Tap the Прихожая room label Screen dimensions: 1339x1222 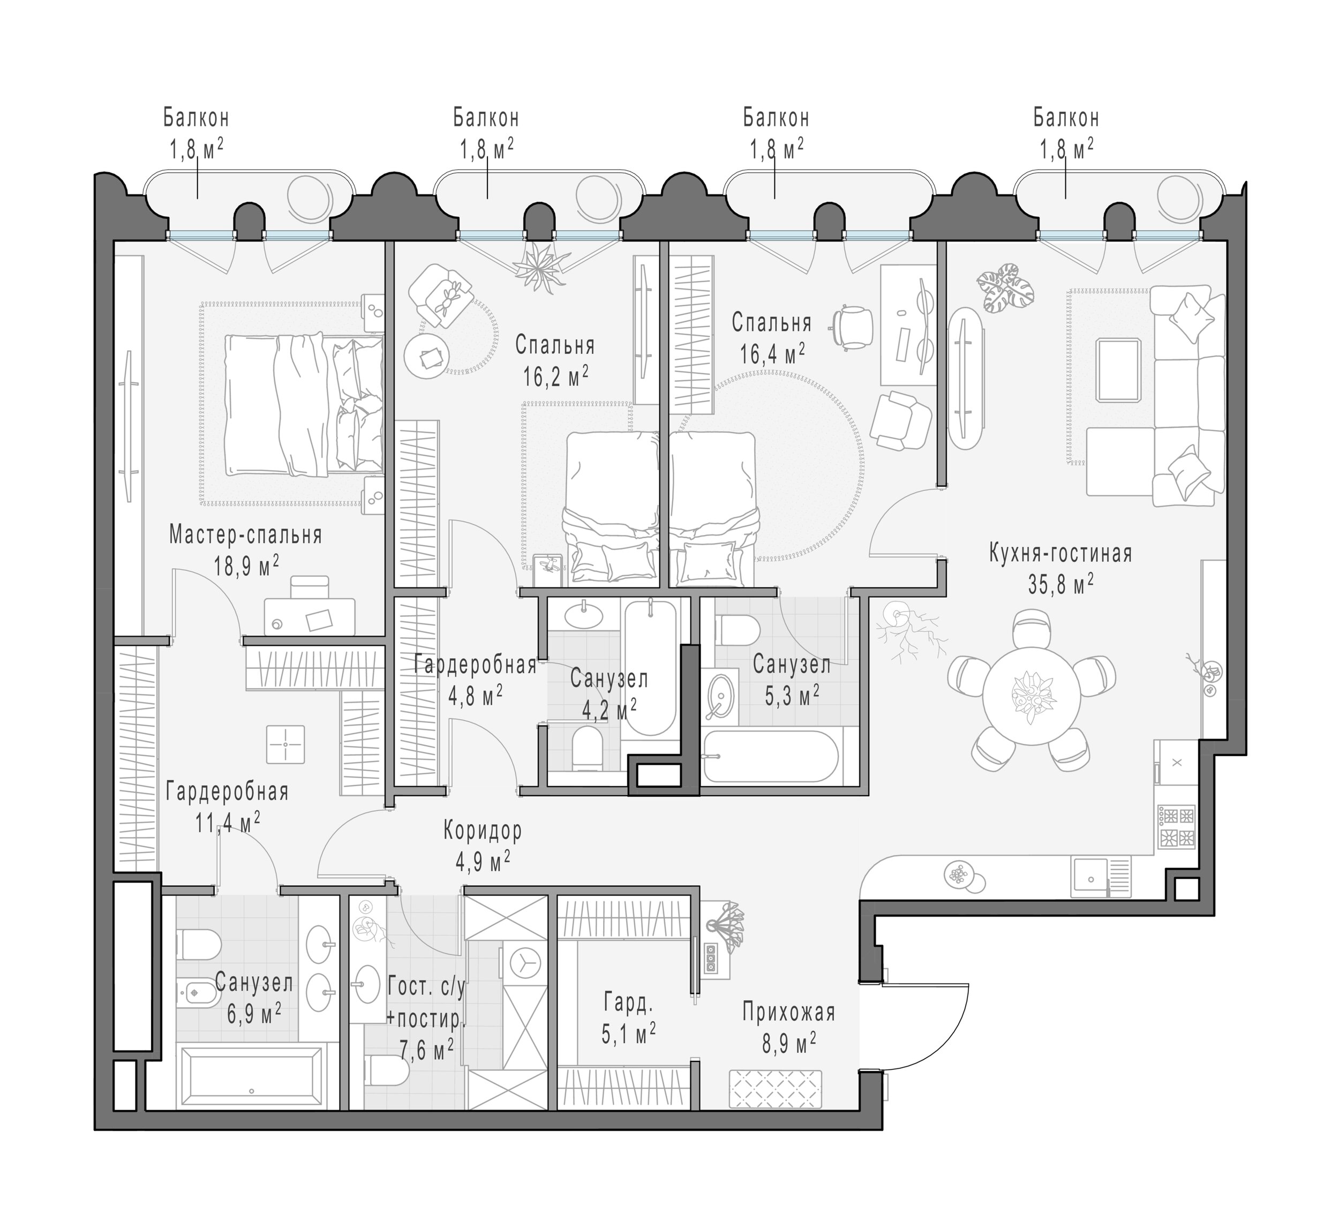click(788, 1012)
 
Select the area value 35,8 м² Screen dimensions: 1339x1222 click(1060, 584)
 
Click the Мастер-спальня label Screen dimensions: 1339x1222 click(246, 534)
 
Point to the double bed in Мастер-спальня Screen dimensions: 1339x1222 click(304, 405)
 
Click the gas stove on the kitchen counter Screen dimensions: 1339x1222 click(1177, 826)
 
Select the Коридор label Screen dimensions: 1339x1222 click(483, 829)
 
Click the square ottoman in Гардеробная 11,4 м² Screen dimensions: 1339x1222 click(285, 744)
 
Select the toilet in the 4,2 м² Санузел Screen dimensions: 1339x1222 click(587, 749)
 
